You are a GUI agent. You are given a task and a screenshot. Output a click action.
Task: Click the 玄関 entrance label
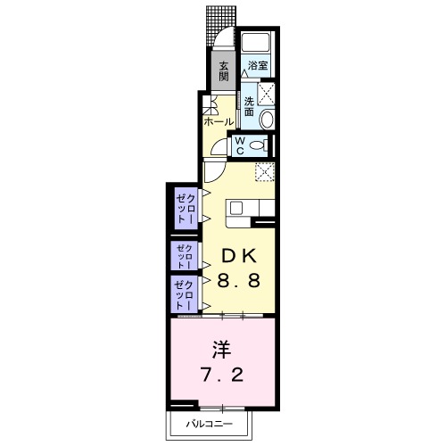[x=223, y=70]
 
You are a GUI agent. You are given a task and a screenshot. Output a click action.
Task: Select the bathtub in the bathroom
[x=258, y=43]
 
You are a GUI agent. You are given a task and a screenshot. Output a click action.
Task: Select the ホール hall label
[x=218, y=121]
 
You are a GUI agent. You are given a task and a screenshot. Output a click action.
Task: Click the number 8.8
[x=239, y=280]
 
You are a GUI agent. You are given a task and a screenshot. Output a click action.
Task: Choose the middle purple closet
[x=183, y=256]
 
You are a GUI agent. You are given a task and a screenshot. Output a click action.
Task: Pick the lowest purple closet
[x=183, y=292]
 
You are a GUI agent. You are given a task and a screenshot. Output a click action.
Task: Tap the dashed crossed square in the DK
[x=264, y=172]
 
